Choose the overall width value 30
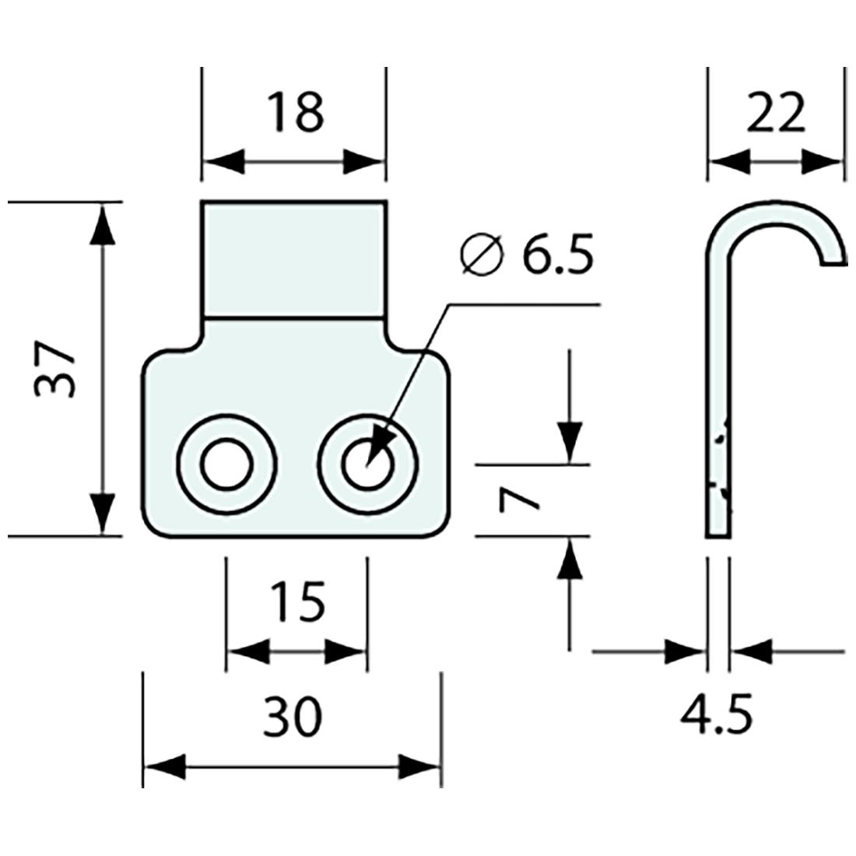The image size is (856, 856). (x=292, y=717)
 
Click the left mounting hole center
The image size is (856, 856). (x=226, y=465)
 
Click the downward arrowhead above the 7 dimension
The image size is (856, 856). (x=570, y=444)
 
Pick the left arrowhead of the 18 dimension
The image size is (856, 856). (x=223, y=163)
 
